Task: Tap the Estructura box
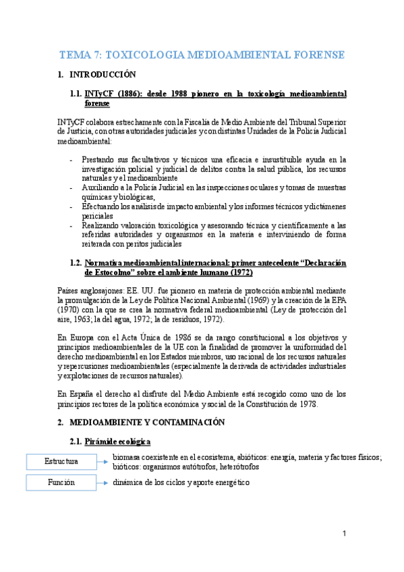pyautogui.click(x=61, y=461)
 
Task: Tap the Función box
pyautogui.click(x=61, y=483)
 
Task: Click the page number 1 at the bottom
pyautogui.click(x=344, y=534)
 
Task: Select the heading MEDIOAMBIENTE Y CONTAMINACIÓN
pyautogui.click(x=150, y=422)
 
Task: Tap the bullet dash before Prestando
pyautogui.click(x=73, y=159)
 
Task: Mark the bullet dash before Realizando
pyautogui.click(x=73, y=225)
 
